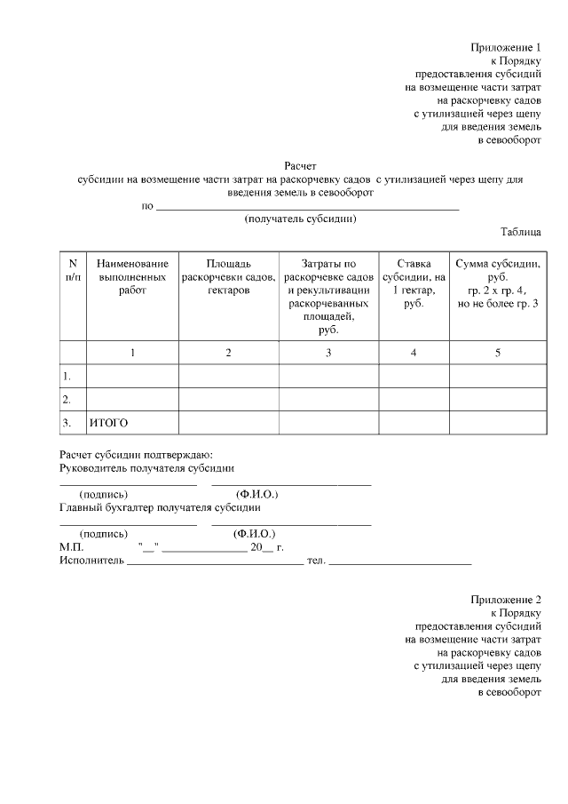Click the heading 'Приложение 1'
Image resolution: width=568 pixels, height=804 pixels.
pyautogui.click(x=505, y=47)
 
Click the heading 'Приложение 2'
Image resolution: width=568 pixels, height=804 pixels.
pyautogui.click(x=505, y=600)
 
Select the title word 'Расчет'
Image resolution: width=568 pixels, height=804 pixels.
pyautogui.click(x=300, y=165)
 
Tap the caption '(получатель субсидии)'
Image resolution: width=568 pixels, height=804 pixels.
pyautogui.click(x=300, y=219)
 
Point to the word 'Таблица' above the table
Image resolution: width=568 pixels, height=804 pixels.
pyautogui.click(x=521, y=232)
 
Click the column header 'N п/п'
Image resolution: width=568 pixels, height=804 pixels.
pyautogui.click(x=73, y=270)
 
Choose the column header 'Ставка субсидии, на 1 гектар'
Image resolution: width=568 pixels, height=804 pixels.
pyautogui.click(x=413, y=283)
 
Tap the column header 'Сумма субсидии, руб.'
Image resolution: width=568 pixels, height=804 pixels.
pyautogui.click(x=497, y=283)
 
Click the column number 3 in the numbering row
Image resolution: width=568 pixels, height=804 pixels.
pyautogui.click(x=328, y=353)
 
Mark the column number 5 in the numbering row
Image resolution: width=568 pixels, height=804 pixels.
pyautogui.click(x=497, y=353)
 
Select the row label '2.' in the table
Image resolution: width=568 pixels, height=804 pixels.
pyautogui.click(x=67, y=399)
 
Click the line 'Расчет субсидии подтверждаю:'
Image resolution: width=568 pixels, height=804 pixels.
pyautogui.click(x=136, y=454)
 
